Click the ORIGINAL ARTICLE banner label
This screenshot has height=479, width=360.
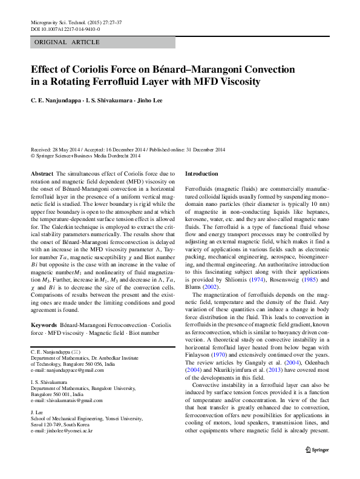tap(61, 42)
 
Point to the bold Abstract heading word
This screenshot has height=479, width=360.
tap(41, 174)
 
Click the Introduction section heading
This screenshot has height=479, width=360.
tap(202, 174)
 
